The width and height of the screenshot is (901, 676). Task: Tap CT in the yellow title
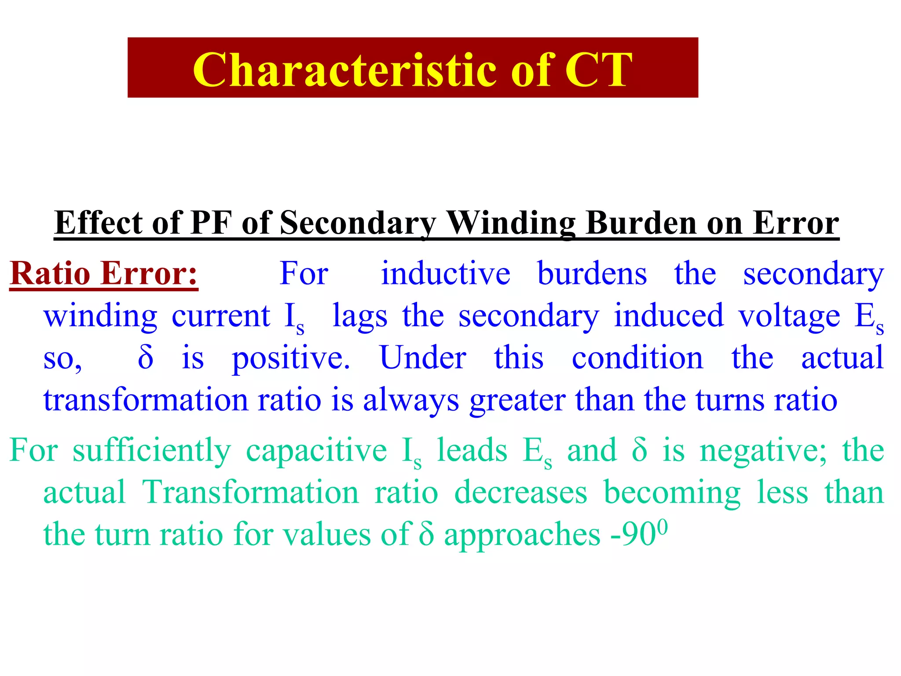(599, 70)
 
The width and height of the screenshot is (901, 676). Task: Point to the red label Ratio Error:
(104, 273)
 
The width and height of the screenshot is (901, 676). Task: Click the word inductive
(445, 273)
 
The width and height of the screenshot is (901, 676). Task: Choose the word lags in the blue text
(360, 316)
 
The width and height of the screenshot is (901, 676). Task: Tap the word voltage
(789, 316)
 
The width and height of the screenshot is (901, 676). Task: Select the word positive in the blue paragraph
(291, 358)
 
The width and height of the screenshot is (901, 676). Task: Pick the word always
(411, 400)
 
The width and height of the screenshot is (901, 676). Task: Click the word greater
(517, 400)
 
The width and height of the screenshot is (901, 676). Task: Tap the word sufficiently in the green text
(152, 451)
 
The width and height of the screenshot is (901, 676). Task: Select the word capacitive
(316, 451)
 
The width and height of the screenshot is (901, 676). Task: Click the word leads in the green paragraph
(472, 450)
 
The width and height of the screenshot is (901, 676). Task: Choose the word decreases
(520, 492)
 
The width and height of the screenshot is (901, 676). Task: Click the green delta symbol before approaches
(426, 534)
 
